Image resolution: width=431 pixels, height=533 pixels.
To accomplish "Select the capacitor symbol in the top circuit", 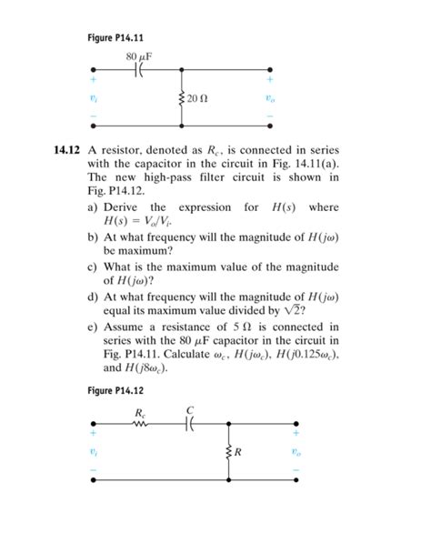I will click(138, 70).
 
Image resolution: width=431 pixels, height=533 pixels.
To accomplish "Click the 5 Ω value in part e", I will click(264, 326).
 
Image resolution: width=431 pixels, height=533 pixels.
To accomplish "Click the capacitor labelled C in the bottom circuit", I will click(189, 423).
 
